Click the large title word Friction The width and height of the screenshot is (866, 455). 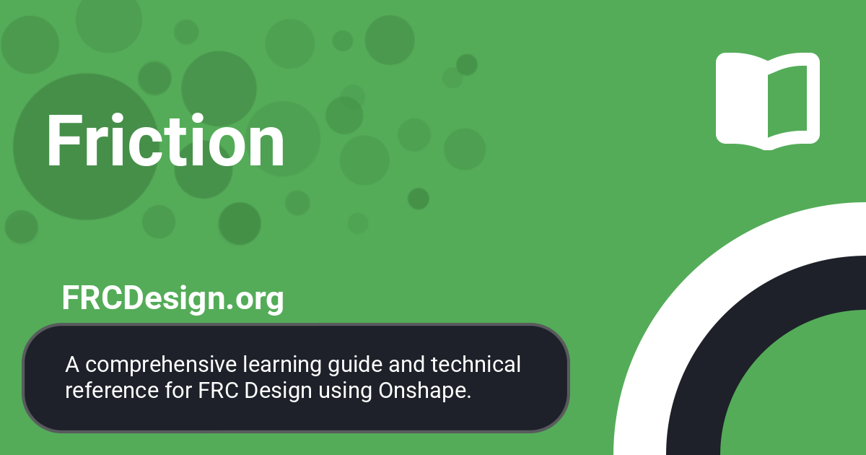(x=165, y=142)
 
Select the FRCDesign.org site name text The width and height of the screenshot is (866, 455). (x=172, y=298)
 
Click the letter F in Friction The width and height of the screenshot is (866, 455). (x=63, y=142)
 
